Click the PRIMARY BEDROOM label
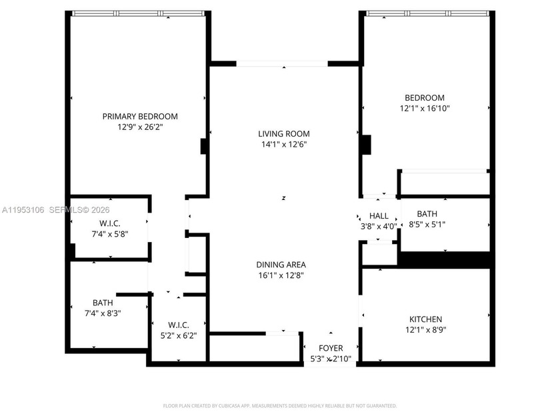click(x=140, y=116)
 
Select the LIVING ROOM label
click(x=284, y=133)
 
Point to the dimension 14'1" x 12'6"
click(x=284, y=144)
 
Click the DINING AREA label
click(x=284, y=264)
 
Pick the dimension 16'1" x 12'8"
click(x=284, y=275)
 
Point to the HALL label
click(x=379, y=216)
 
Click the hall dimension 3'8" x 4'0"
click(x=379, y=226)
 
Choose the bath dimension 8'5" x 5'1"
click(x=427, y=225)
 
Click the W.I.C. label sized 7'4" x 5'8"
click(x=109, y=223)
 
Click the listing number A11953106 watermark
click(x=23, y=209)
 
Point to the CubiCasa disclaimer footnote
click(x=280, y=405)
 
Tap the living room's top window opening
click(x=283, y=64)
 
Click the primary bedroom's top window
click(x=137, y=13)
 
